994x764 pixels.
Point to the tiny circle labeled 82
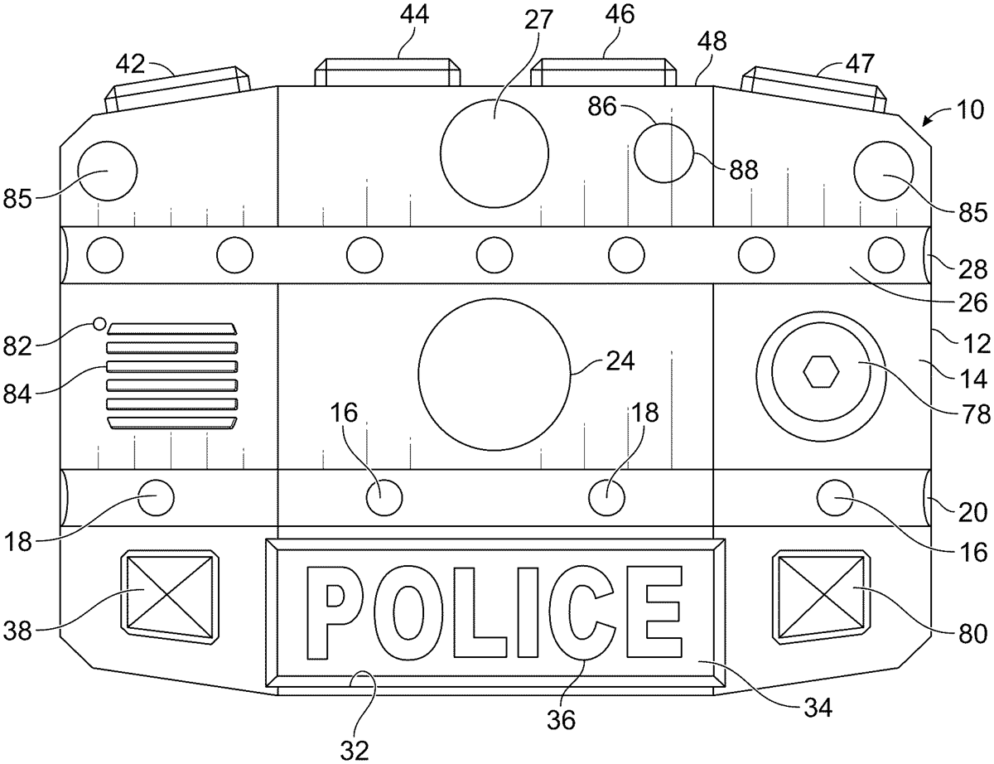click(x=100, y=323)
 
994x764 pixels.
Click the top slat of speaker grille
click(x=171, y=328)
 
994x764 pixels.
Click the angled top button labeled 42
click(x=176, y=89)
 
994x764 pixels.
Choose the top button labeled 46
click(x=602, y=72)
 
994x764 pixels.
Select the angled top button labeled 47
click(x=814, y=89)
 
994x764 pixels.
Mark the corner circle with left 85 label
click(x=107, y=171)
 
